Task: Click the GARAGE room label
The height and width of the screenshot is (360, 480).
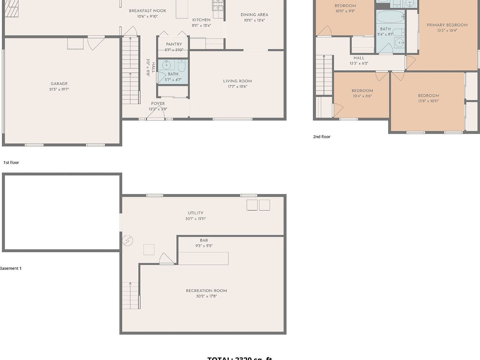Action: coord(59,83)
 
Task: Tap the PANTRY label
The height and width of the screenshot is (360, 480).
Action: coord(174,44)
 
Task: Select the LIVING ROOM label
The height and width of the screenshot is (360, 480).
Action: coord(237,81)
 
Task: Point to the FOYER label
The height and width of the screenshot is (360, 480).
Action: coord(158,103)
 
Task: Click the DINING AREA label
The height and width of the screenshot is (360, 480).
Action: coord(254,15)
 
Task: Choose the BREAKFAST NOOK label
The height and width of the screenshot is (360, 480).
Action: coord(147,11)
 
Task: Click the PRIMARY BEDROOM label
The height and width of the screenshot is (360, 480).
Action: coord(447,25)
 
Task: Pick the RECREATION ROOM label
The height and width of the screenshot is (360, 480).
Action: coord(206,291)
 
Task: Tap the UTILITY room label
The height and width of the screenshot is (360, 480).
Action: coord(196,213)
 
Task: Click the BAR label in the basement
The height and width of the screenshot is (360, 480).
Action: coord(204,240)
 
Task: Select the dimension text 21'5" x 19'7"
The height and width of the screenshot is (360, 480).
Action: coord(59,89)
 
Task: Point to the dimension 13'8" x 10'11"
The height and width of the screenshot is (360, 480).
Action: coord(428,101)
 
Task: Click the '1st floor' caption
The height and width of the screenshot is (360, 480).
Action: coord(11,162)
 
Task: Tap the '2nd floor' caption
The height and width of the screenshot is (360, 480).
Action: coord(322,137)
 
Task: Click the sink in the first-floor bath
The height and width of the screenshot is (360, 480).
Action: coord(166,65)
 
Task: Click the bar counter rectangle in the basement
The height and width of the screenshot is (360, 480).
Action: coord(203,258)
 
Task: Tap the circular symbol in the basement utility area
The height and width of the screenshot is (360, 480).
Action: coord(127,241)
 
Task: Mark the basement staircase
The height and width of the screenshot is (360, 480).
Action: coord(131,295)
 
